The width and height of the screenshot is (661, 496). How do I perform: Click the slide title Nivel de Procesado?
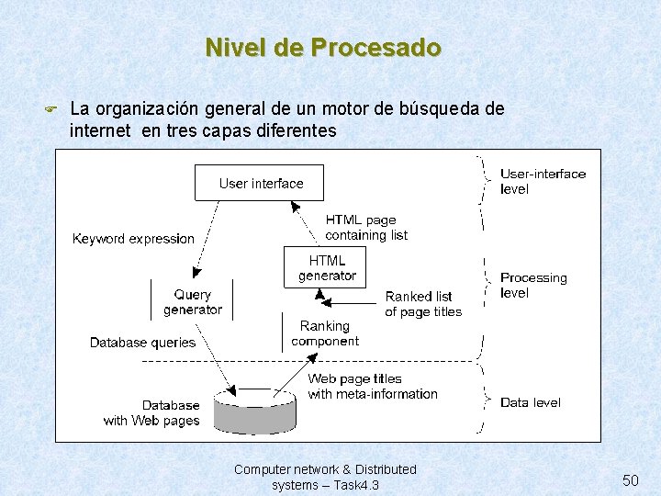click(323, 47)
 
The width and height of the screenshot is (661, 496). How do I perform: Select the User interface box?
click(260, 182)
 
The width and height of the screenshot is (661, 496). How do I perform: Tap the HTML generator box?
click(327, 267)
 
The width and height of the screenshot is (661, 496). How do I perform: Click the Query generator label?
click(193, 302)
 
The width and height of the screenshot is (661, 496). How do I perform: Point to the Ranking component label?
click(325, 333)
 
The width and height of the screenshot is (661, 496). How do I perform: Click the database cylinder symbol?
click(254, 410)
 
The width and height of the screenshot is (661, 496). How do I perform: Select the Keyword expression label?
click(134, 239)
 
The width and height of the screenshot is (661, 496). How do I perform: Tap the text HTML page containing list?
click(365, 228)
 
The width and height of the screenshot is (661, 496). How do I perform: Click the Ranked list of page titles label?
click(423, 304)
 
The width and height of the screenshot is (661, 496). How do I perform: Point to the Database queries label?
click(142, 343)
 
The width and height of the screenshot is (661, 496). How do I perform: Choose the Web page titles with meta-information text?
click(373, 387)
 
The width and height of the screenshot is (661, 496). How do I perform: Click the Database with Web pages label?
click(151, 413)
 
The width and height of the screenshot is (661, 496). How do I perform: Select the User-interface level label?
click(543, 181)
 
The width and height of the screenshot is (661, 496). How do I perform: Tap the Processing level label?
click(533, 285)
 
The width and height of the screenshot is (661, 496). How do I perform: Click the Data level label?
click(531, 402)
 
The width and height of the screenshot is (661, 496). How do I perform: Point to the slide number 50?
click(631, 480)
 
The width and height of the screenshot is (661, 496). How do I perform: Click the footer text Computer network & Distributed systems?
click(325, 477)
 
